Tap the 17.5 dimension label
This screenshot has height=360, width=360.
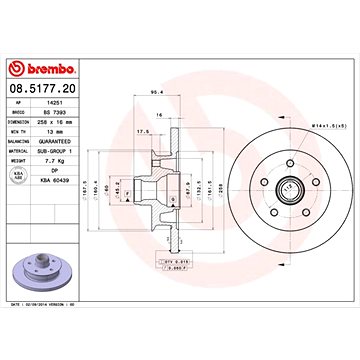click(144, 129)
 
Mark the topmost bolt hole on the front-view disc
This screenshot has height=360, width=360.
click(286, 159)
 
